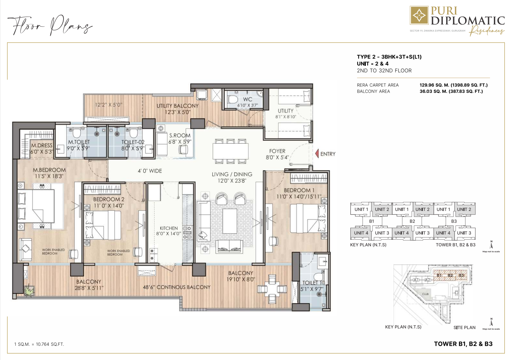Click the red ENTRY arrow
[x=317, y=154]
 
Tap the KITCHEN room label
[x=169, y=228]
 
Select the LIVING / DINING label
[x=232, y=174]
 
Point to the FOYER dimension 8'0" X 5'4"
[x=277, y=157]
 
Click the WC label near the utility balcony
[x=248, y=99]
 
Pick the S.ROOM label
[x=180, y=135]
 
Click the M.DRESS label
[x=42, y=145]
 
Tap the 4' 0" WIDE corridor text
[x=150, y=171]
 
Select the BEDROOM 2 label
[x=109, y=199]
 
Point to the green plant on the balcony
[x=29, y=290]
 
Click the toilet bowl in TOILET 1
[x=318, y=277]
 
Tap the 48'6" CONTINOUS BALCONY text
[x=177, y=287]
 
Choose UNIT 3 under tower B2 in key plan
[x=422, y=233]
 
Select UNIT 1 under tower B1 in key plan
[x=361, y=209]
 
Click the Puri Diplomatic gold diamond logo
[x=419, y=15]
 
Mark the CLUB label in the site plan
[x=425, y=294]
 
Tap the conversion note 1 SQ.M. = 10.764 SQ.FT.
[x=39, y=344]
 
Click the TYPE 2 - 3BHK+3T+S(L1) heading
[x=389, y=57]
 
